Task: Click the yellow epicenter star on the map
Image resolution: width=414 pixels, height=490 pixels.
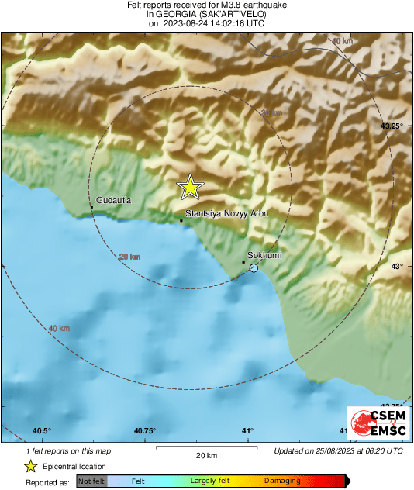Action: coord(189,187)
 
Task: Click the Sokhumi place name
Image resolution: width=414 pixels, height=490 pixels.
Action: coord(264,255)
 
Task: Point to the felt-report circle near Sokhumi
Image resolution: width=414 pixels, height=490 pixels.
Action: coord(254,267)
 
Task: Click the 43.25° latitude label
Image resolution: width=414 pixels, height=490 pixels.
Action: coord(392,125)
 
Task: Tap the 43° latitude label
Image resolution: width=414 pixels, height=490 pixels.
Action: coord(396,266)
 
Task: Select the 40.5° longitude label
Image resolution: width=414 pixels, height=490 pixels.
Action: coord(41,431)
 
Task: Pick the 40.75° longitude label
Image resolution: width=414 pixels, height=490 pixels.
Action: coord(144,431)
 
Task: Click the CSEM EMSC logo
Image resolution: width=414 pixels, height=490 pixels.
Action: coord(374,424)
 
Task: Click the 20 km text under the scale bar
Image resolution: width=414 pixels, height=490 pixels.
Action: coord(205,454)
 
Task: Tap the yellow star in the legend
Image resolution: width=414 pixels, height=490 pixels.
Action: coord(30,466)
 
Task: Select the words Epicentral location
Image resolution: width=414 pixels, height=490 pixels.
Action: coord(75,467)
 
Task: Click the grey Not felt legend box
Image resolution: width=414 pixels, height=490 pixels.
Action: coord(91,481)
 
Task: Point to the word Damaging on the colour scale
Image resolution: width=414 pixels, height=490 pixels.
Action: coord(282,481)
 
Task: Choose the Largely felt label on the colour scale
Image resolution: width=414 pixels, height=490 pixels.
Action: coord(209,481)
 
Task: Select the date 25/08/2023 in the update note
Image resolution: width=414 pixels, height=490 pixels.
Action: coord(338,450)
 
